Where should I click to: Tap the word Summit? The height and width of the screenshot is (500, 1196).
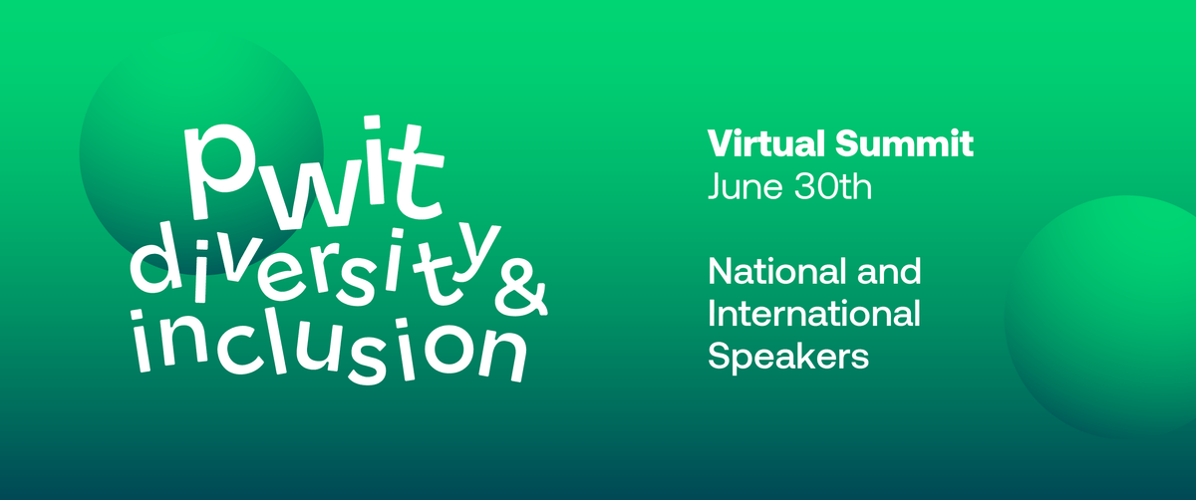905,143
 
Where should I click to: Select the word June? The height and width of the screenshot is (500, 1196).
746,187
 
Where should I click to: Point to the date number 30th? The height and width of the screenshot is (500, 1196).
833,187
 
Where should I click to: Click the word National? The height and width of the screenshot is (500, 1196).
776,271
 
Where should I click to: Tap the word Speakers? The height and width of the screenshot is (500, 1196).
788,356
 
